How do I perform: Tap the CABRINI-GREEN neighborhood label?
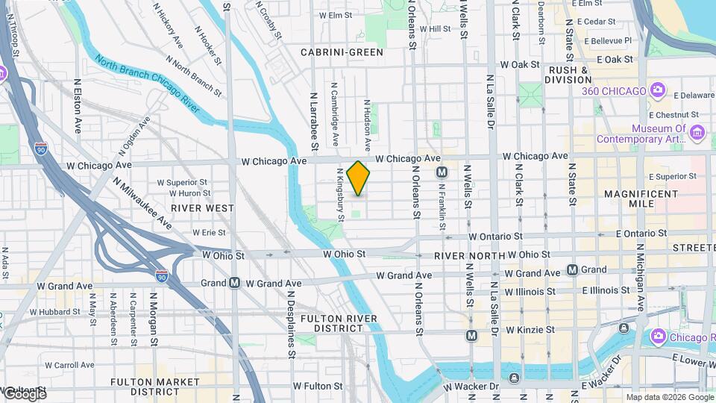[x=342, y=52]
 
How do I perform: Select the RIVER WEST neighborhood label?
[x=202, y=208]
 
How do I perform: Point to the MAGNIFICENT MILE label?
[x=640, y=200]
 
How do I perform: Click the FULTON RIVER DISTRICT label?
[x=337, y=324]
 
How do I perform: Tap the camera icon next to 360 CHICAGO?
[x=657, y=91]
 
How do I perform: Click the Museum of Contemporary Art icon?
[x=697, y=133]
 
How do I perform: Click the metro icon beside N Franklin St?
[x=442, y=172]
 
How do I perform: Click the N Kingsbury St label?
[x=340, y=195]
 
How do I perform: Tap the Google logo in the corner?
[x=24, y=394]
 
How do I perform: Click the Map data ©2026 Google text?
[x=670, y=397]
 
